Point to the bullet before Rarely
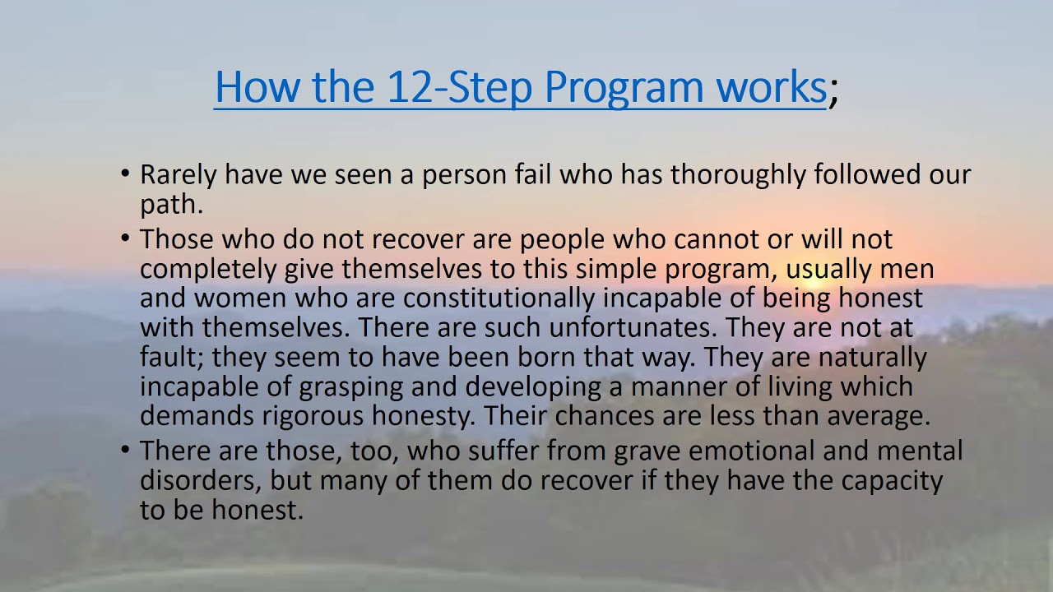[x=125, y=174]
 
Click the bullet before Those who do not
[x=125, y=238]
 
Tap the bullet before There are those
[x=125, y=451]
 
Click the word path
[x=170, y=205]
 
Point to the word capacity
[x=893, y=481]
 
